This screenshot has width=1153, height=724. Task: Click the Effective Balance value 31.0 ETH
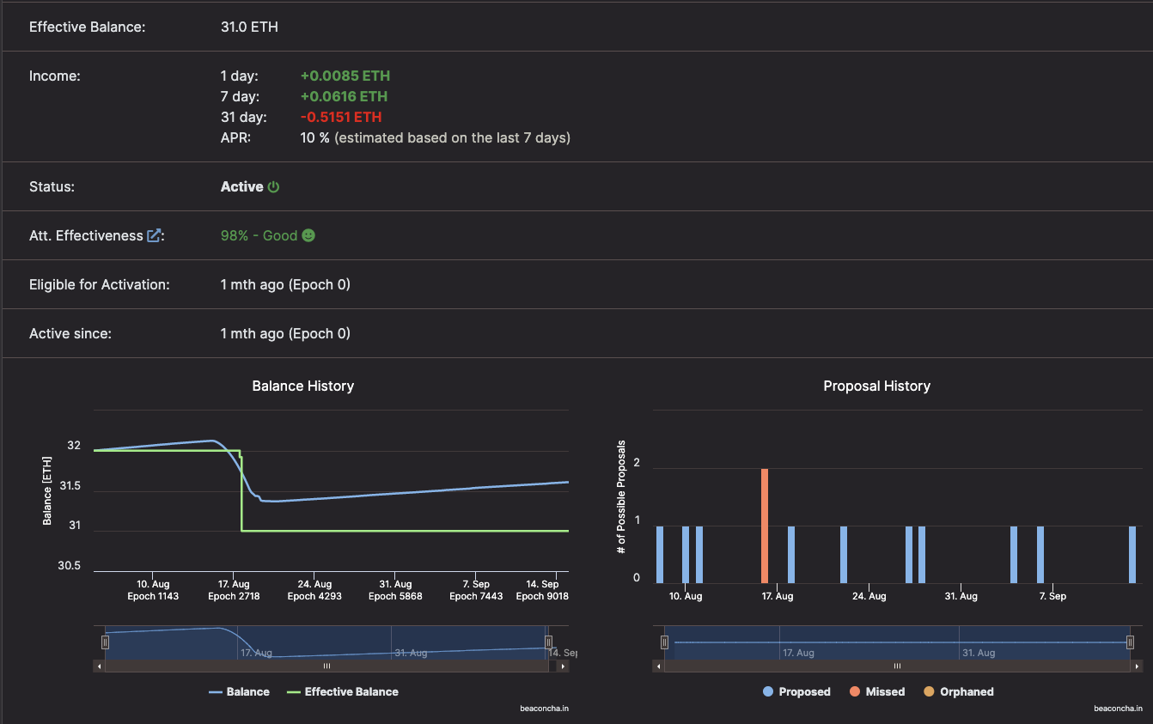point(249,27)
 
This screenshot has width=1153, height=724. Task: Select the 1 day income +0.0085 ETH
point(345,76)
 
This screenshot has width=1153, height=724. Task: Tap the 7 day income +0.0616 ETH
point(344,96)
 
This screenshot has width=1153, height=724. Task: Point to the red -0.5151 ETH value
point(341,117)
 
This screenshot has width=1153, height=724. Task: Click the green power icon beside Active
point(273,186)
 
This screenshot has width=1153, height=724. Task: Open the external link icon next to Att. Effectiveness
point(154,235)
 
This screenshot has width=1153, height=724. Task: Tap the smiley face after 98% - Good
point(308,235)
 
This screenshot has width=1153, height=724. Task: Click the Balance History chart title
point(302,386)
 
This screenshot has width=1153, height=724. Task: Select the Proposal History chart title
point(876,386)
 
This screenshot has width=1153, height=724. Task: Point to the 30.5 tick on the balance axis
point(70,566)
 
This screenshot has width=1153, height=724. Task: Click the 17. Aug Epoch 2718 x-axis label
point(234,590)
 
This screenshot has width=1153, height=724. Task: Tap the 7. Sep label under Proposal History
point(1052,596)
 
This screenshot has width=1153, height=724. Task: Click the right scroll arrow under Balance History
point(563,666)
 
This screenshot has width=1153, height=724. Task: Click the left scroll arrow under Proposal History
point(659,666)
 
